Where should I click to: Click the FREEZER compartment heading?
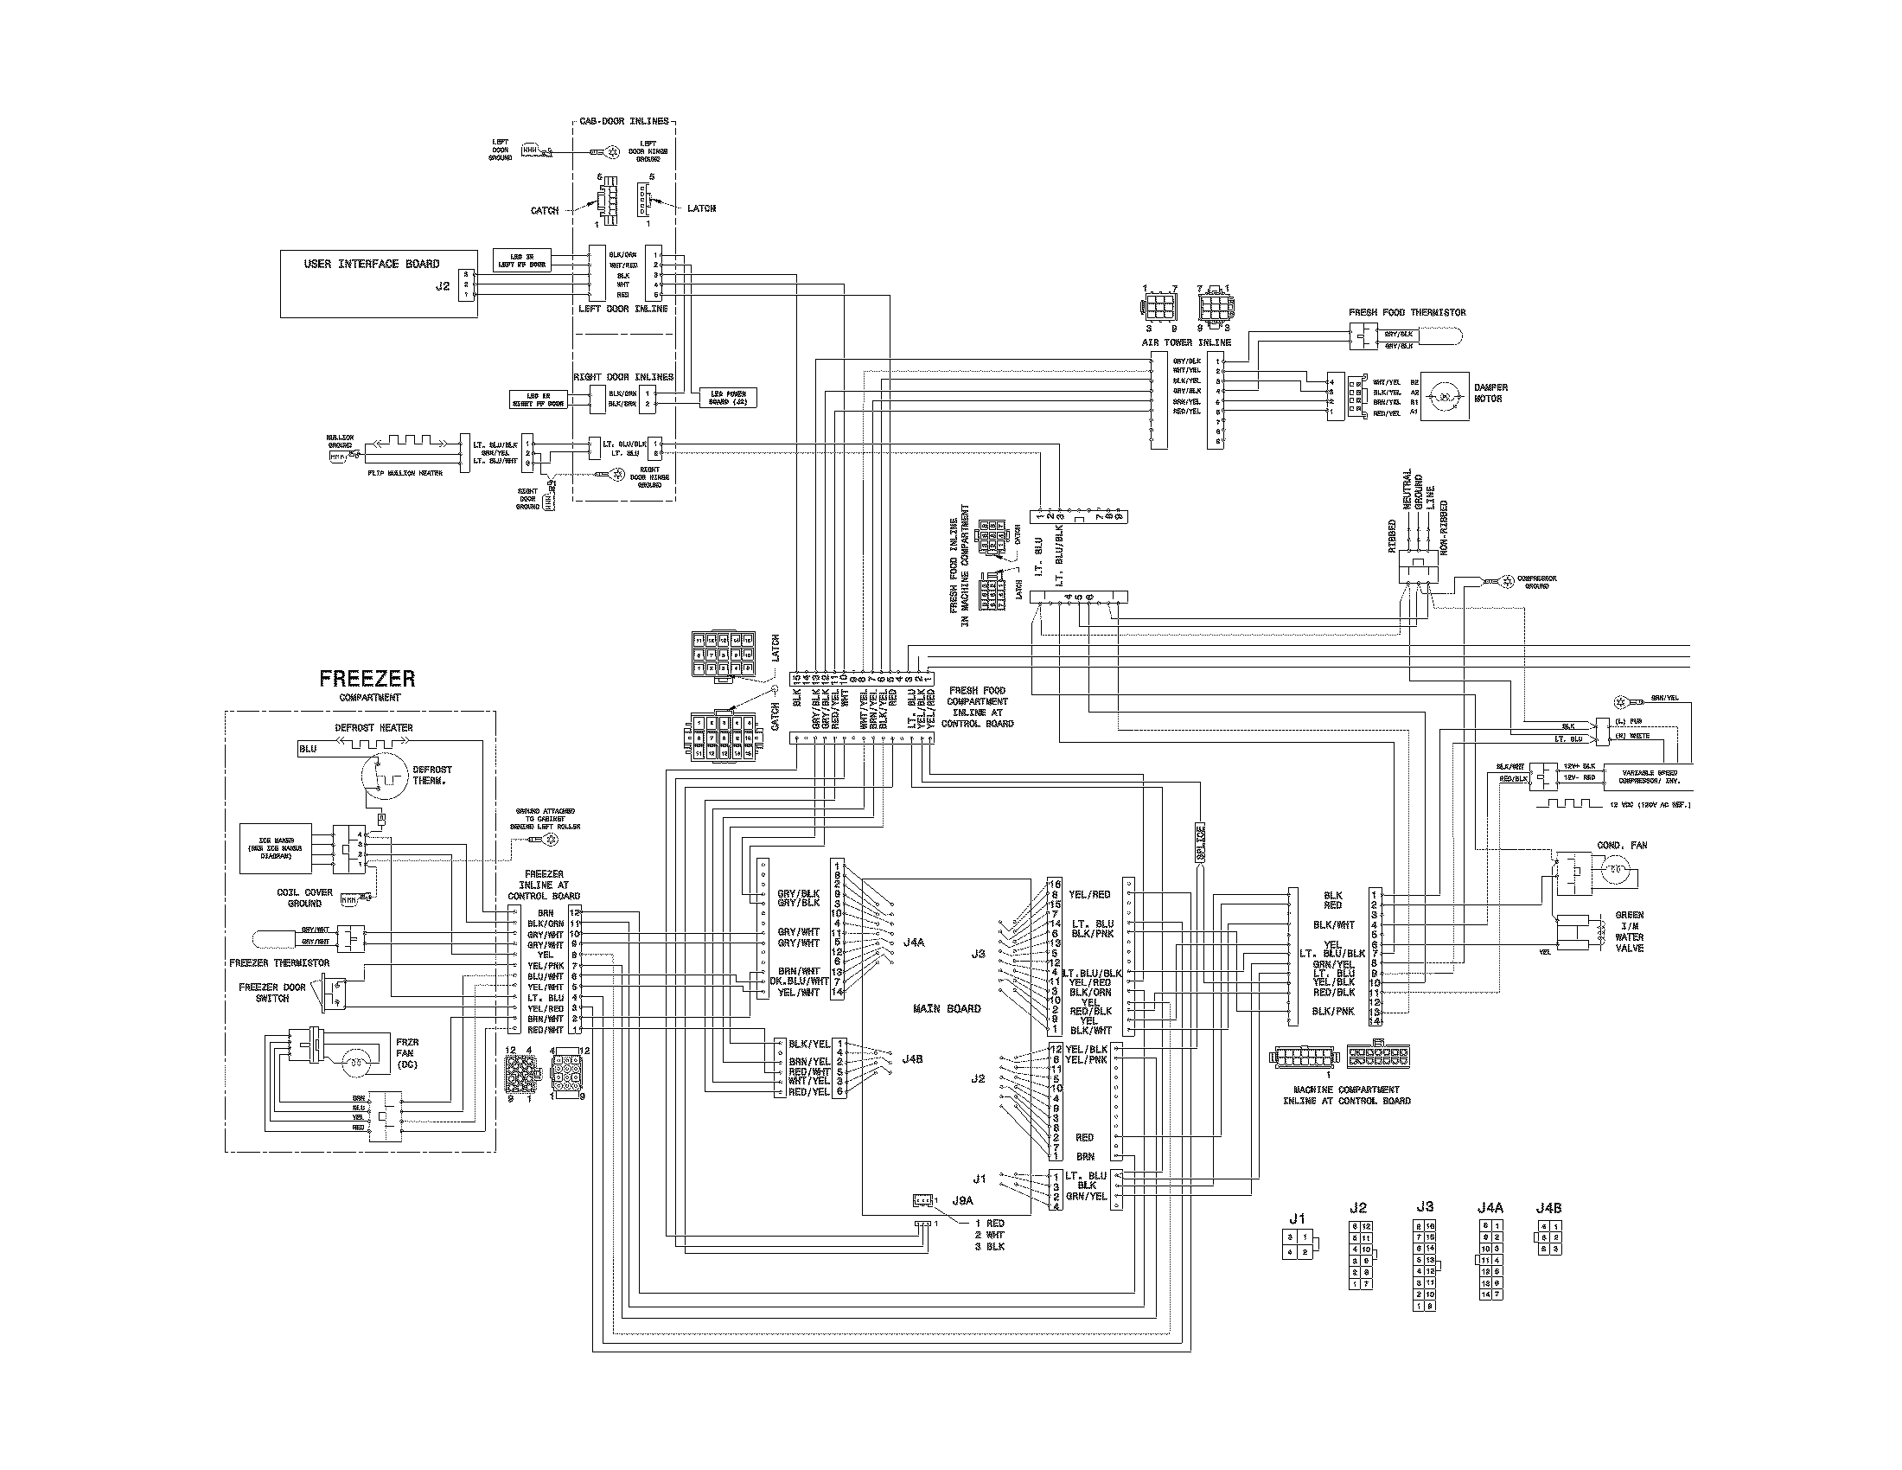click(x=367, y=679)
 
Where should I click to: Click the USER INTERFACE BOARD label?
click(x=371, y=264)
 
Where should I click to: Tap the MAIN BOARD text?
click(x=946, y=1008)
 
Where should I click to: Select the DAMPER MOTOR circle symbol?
click(x=1444, y=398)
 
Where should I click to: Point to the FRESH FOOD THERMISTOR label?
click(x=1407, y=313)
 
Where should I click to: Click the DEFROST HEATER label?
click(x=373, y=728)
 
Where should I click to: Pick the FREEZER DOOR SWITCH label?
click(x=271, y=993)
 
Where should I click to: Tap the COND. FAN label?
click(x=1622, y=846)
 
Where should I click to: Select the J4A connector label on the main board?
click(x=913, y=943)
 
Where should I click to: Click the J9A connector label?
click(x=961, y=1200)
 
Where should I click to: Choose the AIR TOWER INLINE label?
click(x=1185, y=342)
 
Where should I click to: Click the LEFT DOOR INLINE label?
click(x=622, y=310)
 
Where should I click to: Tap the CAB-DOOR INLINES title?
click(x=623, y=121)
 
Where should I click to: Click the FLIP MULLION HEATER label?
click(x=405, y=473)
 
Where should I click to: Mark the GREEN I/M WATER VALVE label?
click(x=1629, y=931)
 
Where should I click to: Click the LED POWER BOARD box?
click(x=728, y=398)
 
